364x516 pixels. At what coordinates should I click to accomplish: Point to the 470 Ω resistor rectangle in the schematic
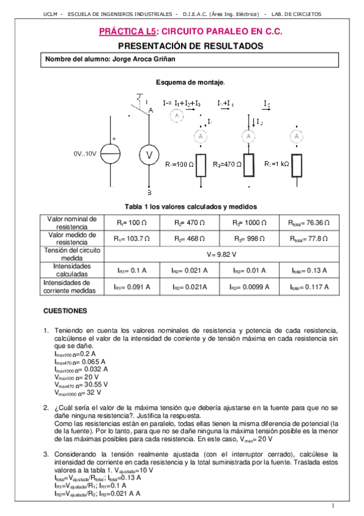click(x=249, y=165)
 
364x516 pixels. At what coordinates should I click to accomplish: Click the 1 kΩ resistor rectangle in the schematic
click(x=296, y=165)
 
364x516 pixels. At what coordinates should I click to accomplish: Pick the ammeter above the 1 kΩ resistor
click(x=296, y=137)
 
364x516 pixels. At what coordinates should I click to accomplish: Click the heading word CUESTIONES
click(x=66, y=310)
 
